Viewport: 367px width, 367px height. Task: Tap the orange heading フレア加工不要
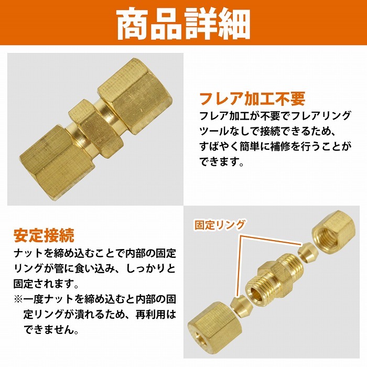pyautogui.click(x=252, y=99)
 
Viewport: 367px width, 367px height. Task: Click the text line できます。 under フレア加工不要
pyautogui.click(x=222, y=162)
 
